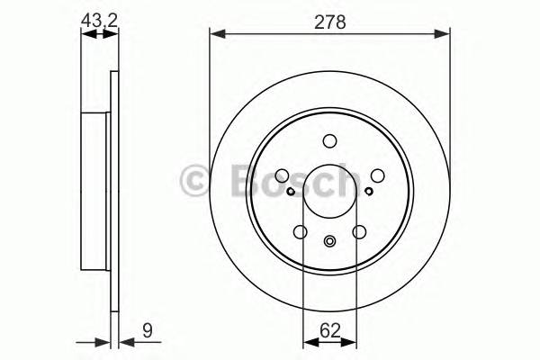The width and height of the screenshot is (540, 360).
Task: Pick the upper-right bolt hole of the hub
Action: tap(378, 175)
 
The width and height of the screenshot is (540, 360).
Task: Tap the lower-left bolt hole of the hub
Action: tap(300, 232)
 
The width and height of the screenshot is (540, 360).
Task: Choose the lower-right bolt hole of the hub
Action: tap(359, 232)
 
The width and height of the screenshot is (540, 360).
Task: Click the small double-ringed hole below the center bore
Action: tap(329, 240)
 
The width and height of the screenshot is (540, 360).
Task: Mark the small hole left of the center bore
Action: tap(290, 191)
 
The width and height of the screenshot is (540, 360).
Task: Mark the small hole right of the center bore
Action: tap(369, 191)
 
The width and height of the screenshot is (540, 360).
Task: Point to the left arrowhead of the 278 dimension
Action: tap(216, 34)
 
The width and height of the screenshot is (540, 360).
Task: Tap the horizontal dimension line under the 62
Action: tap(329, 342)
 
